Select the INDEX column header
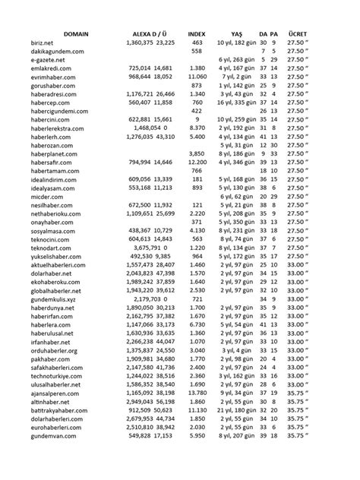pos(196,35)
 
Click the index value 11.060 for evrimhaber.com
pos(197,77)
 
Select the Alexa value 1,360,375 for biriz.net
pos(137,45)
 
